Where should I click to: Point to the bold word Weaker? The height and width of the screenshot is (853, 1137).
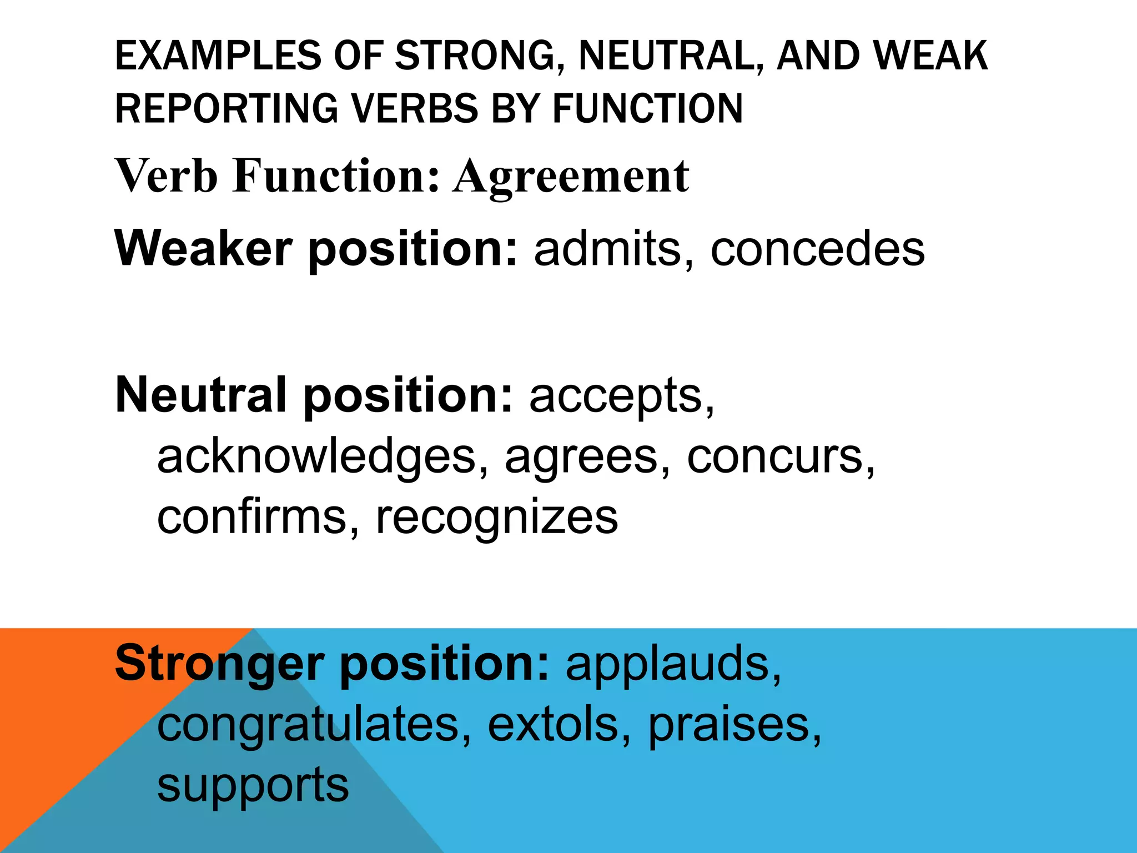point(203,248)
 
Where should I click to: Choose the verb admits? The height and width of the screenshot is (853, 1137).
point(607,248)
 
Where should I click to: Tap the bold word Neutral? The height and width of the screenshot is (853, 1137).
point(201,395)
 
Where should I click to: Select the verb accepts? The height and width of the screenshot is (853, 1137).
point(616,395)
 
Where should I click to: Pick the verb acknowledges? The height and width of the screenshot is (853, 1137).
point(316,456)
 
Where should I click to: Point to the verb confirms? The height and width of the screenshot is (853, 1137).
point(251,517)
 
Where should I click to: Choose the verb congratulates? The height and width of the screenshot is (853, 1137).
point(308,725)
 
